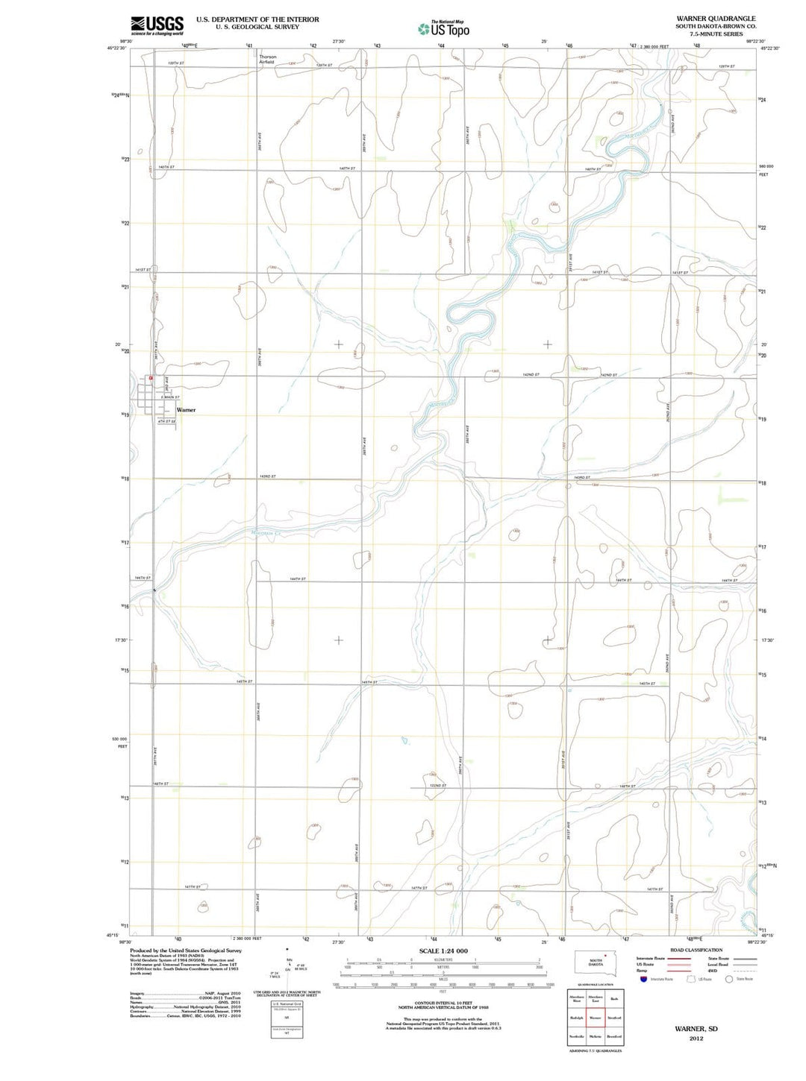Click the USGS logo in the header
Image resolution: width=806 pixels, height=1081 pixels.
(157, 25)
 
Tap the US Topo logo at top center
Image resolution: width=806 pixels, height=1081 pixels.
(444, 29)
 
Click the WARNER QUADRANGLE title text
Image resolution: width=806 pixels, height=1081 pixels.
(716, 19)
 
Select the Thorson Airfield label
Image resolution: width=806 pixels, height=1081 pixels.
(267, 60)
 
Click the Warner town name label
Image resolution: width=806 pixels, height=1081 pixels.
(186, 410)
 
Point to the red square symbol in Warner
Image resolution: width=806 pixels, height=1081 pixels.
(151, 378)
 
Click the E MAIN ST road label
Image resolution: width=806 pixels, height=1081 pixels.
(170, 397)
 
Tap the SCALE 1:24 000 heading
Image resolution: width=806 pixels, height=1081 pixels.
(443, 951)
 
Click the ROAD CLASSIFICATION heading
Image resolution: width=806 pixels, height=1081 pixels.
(696, 950)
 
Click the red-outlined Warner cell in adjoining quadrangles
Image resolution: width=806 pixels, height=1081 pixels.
(595, 1018)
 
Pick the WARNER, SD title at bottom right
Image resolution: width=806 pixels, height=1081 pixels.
(696, 1029)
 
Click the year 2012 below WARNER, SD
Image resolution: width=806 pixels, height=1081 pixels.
(696, 1039)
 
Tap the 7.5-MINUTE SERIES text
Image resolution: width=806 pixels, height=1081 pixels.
(716, 34)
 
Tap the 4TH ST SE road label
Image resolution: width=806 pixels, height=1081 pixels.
(166, 421)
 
